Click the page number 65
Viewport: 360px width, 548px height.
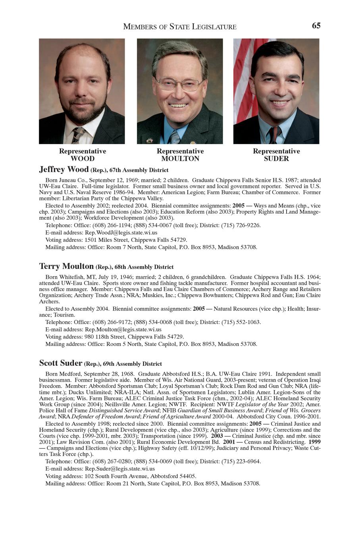click(x=316, y=26)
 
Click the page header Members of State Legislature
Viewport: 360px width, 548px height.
click(x=180, y=27)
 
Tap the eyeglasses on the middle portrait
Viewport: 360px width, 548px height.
click(x=179, y=83)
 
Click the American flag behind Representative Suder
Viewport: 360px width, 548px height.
click(x=243, y=79)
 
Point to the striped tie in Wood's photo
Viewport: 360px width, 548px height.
click(x=77, y=135)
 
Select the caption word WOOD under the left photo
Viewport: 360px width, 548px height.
click(x=83, y=159)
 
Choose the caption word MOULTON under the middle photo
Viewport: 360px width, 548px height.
click(x=180, y=159)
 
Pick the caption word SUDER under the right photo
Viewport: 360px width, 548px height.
click(x=276, y=159)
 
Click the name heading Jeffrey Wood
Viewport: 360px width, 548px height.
click(x=64, y=170)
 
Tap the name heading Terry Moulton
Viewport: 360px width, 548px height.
click(x=66, y=266)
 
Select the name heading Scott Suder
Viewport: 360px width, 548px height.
click(x=61, y=363)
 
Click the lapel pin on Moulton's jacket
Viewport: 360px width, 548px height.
click(x=193, y=142)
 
